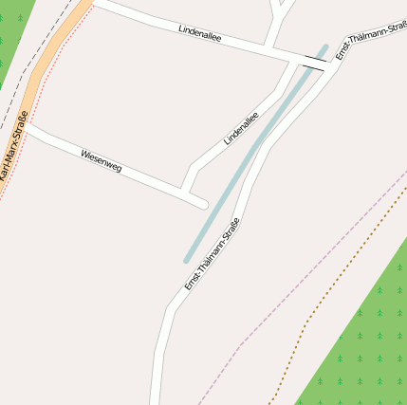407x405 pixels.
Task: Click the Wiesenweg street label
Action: coord(102,160)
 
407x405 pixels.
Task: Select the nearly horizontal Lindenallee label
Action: coord(199,32)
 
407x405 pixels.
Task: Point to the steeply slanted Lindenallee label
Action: coord(241,129)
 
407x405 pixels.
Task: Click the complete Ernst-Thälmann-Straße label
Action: coord(212,254)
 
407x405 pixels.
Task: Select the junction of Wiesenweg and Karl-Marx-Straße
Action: coord(28,127)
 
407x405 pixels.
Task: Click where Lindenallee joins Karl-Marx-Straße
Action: coord(93,4)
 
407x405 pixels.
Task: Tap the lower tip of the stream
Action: coord(188,259)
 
